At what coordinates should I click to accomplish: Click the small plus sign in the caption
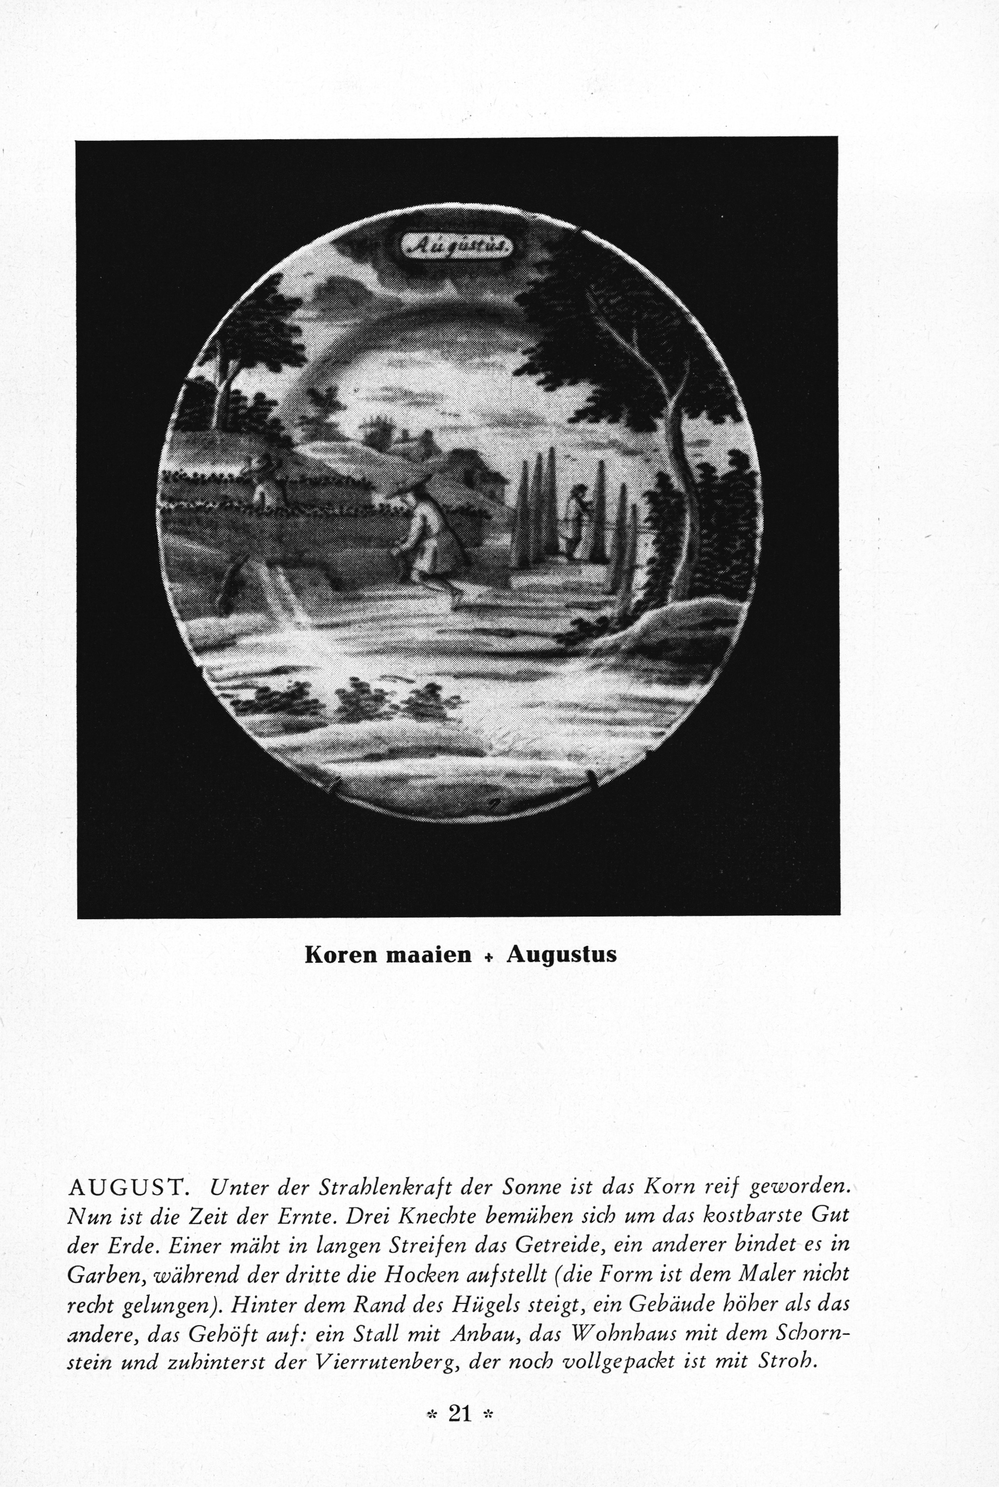pos(489,956)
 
